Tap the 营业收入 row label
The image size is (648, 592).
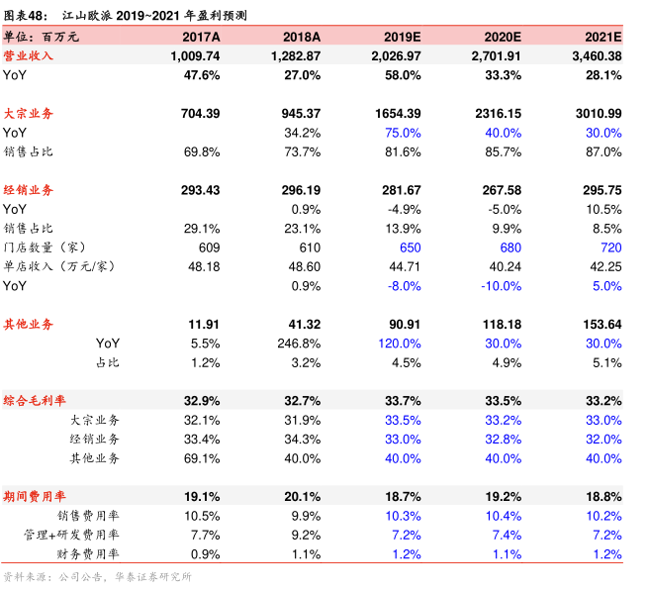pyautogui.click(x=29, y=55)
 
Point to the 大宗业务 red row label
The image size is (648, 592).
pyautogui.click(x=29, y=114)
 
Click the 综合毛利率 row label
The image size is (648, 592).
pyautogui.click(x=36, y=401)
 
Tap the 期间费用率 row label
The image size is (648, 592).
pyautogui.click(x=36, y=496)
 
